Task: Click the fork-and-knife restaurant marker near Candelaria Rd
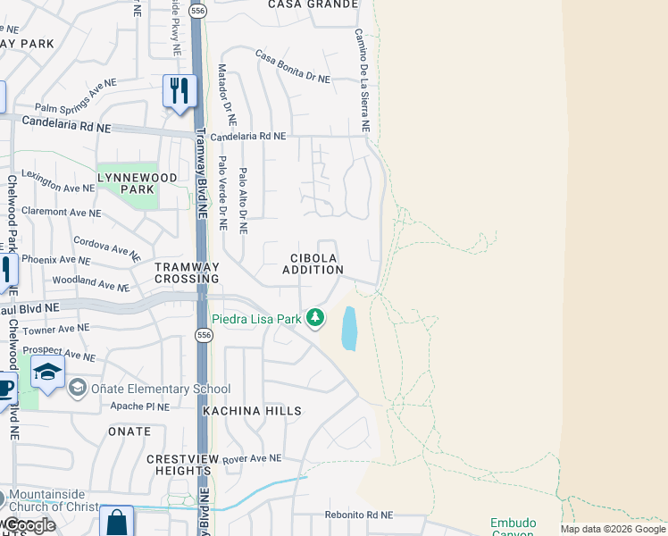pos(180,91)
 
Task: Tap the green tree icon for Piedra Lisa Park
pos(314,317)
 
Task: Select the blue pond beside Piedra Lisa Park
pos(348,328)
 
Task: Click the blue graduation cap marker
pos(46,373)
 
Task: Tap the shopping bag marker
pos(116,522)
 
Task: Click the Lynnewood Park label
pos(126,184)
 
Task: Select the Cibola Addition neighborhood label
pos(313,264)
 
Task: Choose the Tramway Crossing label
pos(187,273)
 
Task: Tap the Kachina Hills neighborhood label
pos(252,411)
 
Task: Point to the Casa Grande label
pos(306,4)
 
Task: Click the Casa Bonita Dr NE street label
pos(293,67)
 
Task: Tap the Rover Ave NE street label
pos(252,459)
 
